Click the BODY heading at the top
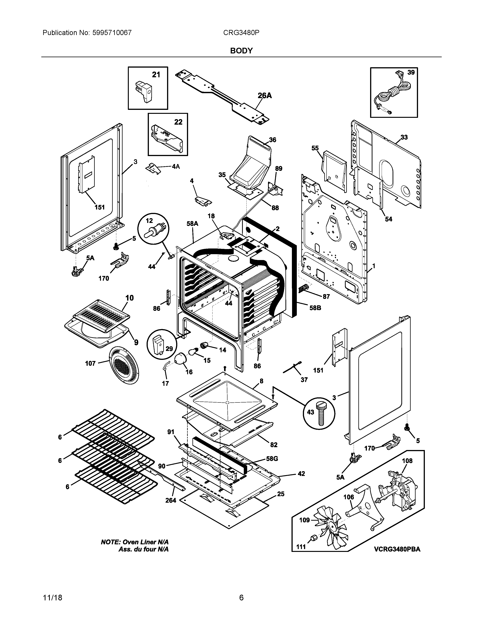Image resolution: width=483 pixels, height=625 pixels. pyautogui.click(x=241, y=51)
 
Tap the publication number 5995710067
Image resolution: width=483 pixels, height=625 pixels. pyautogui.click(x=112, y=33)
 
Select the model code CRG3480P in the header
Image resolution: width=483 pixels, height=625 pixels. pyautogui.click(x=241, y=33)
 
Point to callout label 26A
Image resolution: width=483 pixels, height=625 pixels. pyautogui.click(x=265, y=96)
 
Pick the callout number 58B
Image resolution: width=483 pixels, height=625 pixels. pyautogui.click(x=315, y=308)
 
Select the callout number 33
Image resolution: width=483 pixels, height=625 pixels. pyautogui.click(x=404, y=137)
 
